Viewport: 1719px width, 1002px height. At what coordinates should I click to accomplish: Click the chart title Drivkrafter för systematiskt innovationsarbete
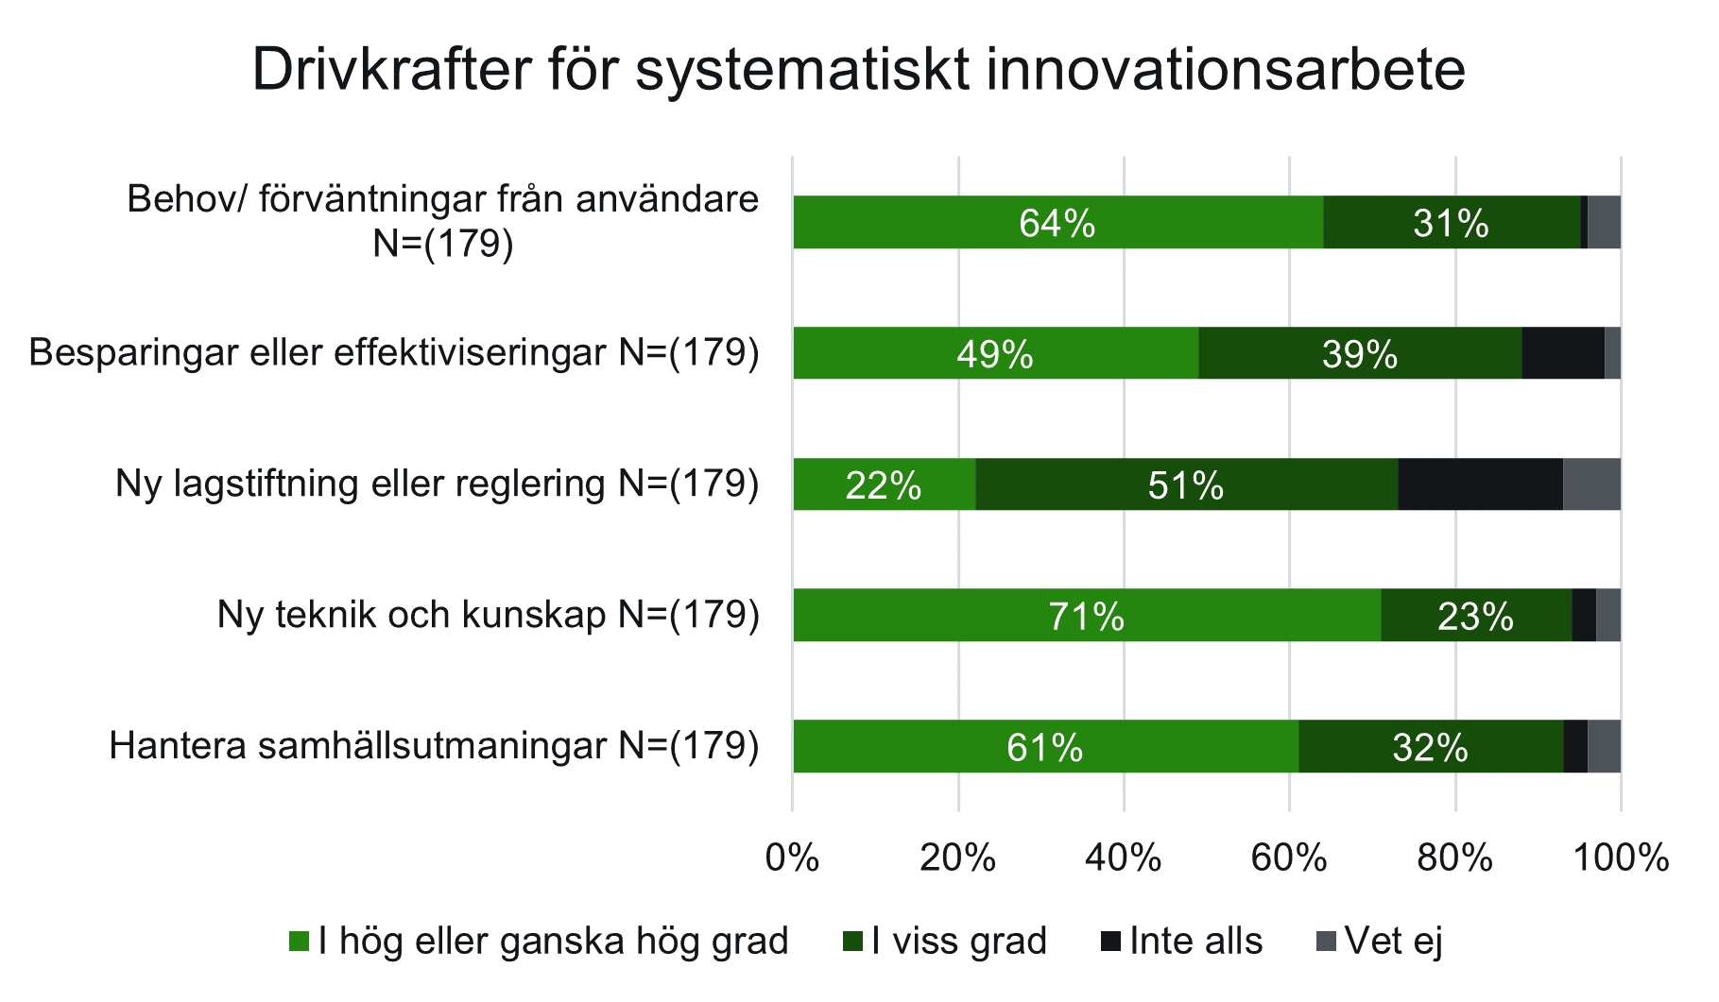[858, 70]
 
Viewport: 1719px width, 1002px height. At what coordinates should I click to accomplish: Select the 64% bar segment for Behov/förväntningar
[1057, 223]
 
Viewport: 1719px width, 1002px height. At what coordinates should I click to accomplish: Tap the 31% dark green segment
[1451, 223]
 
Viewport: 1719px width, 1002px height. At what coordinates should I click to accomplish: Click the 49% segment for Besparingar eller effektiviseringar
[995, 353]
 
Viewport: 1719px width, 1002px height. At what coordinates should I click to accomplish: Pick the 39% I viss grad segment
[1360, 353]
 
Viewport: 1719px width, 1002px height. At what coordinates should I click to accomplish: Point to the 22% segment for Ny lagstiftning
[884, 484]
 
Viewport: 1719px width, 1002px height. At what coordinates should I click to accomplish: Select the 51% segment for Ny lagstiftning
[1186, 484]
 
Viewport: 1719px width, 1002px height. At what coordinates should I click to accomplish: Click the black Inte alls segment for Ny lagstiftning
[1480, 484]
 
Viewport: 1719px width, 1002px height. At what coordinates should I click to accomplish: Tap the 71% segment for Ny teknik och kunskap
[1087, 616]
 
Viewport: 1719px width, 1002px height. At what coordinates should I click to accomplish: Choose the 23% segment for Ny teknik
[1475, 616]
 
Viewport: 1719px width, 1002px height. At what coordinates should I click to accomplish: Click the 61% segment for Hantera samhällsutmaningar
[1045, 747]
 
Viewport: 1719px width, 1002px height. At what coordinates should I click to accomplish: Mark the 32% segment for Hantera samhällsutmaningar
[1431, 747]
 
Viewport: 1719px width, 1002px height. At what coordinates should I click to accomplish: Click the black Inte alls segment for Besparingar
[1562, 353]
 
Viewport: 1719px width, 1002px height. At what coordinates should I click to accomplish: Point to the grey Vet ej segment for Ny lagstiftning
[1591, 484]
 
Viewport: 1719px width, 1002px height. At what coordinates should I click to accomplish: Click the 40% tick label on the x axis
[1123, 858]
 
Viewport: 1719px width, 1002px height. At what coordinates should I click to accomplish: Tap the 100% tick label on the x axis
[1620, 858]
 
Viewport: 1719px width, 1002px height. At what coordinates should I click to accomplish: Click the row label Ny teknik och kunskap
[488, 615]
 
